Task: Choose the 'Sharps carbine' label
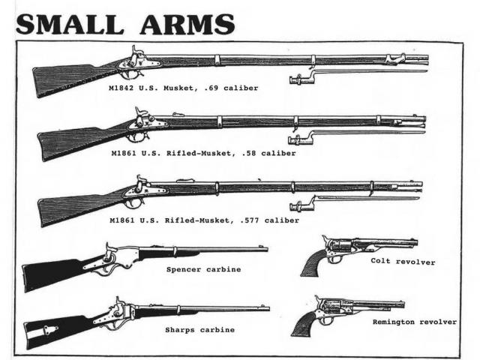coord(199,328)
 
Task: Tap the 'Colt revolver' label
coord(403,262)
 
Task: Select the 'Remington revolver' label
coord(415,321)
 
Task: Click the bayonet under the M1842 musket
coord(352,73)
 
